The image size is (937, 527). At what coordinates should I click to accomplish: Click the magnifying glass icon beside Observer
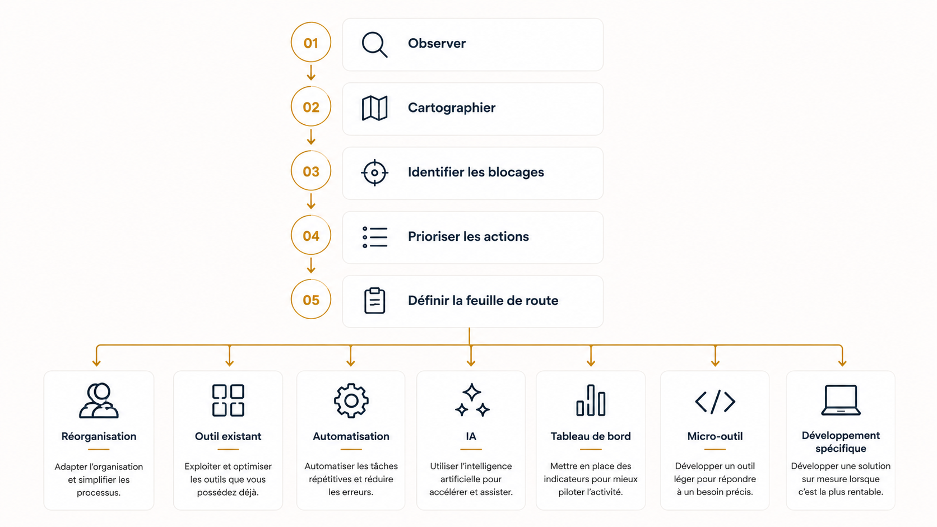pos(374,44)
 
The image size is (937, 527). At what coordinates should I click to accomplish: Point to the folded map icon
pos(374,108)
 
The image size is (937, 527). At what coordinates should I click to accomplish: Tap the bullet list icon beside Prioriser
pos(375,237)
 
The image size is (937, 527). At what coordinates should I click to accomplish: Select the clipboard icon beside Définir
pos(374,301)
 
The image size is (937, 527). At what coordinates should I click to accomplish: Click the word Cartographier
pos(451,108)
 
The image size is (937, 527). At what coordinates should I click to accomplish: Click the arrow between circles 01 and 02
pos(311,72)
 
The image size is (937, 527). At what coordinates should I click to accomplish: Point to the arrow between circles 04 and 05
pos(311,265)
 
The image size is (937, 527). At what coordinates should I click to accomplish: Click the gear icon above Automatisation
pos(351,401)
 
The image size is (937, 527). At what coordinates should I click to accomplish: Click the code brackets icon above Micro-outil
pos(715,402)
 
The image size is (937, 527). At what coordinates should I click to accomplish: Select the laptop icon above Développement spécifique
pos(841,400)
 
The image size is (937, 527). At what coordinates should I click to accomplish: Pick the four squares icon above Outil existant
pos(228,400)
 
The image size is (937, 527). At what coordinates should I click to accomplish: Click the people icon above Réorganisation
pos(99,400)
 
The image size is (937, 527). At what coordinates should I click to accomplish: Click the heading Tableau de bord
pos(590,436)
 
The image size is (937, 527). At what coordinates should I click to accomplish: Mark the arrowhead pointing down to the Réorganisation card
pos(96,363)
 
